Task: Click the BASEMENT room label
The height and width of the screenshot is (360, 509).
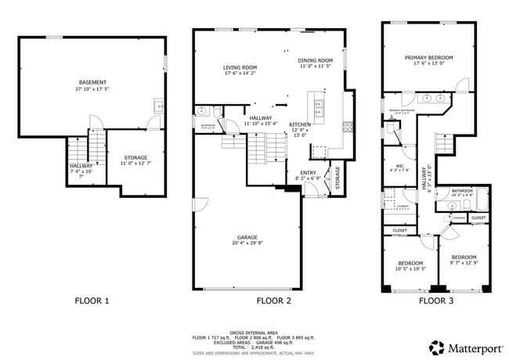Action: (x=92, y=82)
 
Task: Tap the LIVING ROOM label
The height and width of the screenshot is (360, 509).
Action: (x=240, y=68)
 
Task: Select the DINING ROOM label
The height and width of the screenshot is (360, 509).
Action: (x=316, y=60)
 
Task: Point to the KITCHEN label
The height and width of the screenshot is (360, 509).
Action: (x=301, y=124)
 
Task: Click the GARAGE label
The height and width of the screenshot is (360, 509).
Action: (x=247, y=237)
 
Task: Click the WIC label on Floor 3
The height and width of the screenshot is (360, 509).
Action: (x=399, y=166)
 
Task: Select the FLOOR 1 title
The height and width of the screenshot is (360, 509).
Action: (x=92, y=301)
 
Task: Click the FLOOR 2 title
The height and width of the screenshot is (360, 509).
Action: (x=274, y=301)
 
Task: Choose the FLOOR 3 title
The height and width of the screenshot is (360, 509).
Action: (x=436, y=301)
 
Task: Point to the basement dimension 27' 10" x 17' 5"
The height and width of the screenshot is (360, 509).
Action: (x=92, y=89)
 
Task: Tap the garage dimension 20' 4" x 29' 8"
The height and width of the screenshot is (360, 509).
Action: (x=247, y=243)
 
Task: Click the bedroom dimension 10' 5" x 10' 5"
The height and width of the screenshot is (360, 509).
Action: (x=410, y=269)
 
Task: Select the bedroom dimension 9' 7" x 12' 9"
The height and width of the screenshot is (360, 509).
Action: (x=464, y=263)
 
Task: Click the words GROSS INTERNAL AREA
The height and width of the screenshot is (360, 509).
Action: (x=254, y=332)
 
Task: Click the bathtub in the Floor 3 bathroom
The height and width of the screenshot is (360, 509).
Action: (x=482, y=202)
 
